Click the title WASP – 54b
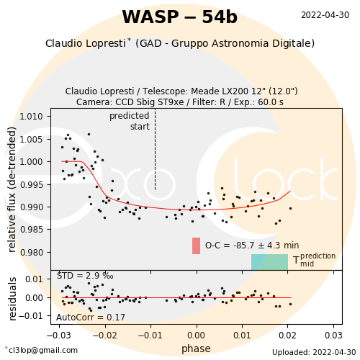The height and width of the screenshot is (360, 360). [x=180, y=17]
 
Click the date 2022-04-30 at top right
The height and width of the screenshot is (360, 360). [x=325, y=15]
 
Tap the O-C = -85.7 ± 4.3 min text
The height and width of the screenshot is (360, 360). [x=252, y=246]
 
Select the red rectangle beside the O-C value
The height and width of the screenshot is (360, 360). [x=196, y=246]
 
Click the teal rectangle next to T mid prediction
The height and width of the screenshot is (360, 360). [x=269, y=262]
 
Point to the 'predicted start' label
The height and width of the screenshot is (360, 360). [x=130, y=121]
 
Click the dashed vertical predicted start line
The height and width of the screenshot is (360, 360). [x=155, y=149]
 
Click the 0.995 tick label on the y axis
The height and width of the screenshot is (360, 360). [x=31, y=185]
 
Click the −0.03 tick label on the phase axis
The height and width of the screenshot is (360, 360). [x=59, y=335]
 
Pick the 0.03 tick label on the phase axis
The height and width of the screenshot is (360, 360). [x=333, y=335]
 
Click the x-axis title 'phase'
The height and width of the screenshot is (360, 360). [x=196, y=348]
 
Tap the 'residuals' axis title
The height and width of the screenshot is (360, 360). [x=12, y=299]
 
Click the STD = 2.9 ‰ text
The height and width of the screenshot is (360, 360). [x=85, y=276]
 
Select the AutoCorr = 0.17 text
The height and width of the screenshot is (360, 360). [x=91, y=318]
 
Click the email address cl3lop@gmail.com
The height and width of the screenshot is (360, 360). [x=41, y=350]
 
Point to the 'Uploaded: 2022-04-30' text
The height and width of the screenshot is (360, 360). [x=314, y=352]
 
